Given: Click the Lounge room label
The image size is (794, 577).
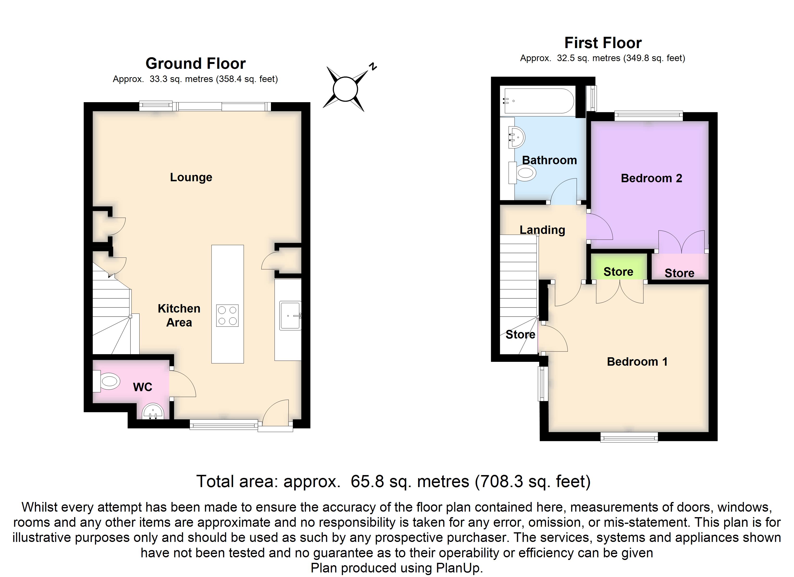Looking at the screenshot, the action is [191, 177].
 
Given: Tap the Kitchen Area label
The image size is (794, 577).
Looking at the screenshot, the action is [179, 315].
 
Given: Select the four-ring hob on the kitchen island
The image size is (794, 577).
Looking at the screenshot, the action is [227, 316].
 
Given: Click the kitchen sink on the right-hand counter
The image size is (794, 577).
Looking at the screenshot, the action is [290, 316].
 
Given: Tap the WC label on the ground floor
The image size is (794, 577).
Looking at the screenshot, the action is [142, 387].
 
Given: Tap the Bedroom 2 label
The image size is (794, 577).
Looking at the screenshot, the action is [652, 178].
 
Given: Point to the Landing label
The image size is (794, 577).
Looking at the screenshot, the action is [542, 230].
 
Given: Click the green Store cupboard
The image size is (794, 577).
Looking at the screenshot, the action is [619, 267].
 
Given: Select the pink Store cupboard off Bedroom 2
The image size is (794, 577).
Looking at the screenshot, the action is [679, 267].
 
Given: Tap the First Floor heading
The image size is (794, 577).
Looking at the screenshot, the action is [603, 43].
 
